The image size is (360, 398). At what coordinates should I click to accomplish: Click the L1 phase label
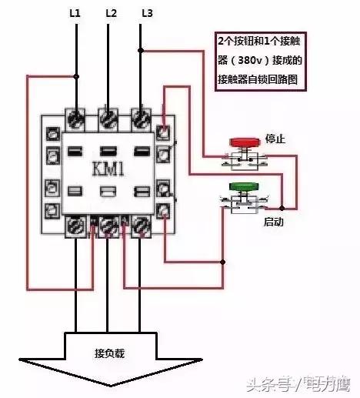click(75, 13)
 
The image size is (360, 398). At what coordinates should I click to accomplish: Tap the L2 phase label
click(111, 13)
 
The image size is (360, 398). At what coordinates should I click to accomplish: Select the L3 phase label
click(148, 13)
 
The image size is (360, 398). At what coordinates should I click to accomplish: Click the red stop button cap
click(245, 142)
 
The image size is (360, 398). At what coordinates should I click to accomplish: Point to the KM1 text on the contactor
click(108, 169)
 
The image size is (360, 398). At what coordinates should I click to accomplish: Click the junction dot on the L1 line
click(76, 76)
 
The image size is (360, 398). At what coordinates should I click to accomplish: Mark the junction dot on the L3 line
click(141, 50)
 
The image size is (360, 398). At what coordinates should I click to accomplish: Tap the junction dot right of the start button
click(282, 208)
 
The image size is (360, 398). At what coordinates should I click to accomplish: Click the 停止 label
click(275, 139)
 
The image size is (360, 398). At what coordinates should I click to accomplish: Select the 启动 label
click(274, 222)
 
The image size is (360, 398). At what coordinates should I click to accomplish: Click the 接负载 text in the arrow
click(110, 353)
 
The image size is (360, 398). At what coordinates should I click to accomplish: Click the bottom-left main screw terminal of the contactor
click(75, 226)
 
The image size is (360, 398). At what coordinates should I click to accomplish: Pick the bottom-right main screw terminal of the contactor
click(141, 226)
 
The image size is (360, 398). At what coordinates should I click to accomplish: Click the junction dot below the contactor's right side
click(223, 262)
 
